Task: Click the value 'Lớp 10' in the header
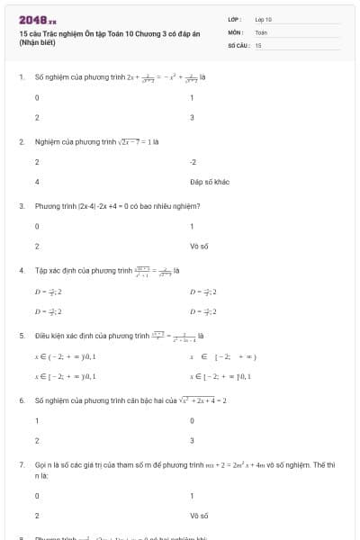coord(264,19)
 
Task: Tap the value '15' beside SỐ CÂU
coord(258,44)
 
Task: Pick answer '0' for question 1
coord(37,97)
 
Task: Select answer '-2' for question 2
coord(193,161)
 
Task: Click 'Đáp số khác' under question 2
coord(210,182)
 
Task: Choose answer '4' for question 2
coord(37,182)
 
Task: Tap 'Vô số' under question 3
coord(200,246)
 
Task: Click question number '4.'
coord(21,270)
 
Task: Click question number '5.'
coord(21,335)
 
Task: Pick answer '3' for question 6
coord(193,440)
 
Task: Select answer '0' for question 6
coord(193,420)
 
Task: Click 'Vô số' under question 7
coord(200,516)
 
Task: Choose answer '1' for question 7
coord(193,495)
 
